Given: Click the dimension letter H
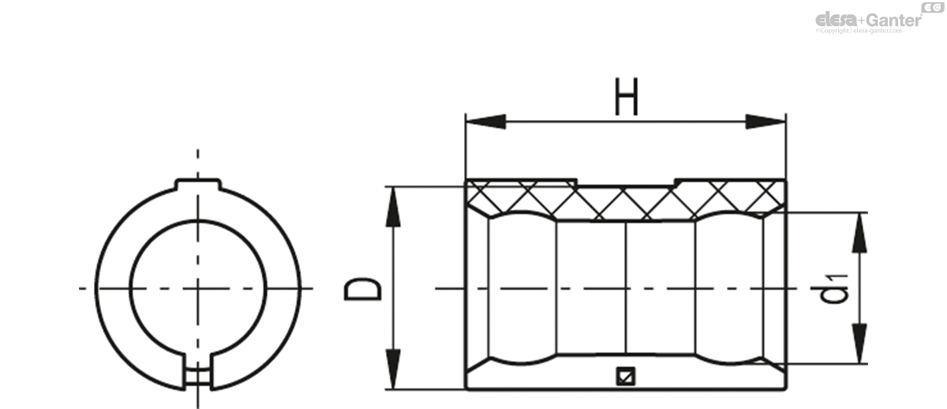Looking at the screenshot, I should (626, 100).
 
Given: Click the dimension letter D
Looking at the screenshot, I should (364, 289).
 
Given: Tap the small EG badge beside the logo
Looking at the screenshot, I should (933, 7).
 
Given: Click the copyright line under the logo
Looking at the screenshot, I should (868, 31).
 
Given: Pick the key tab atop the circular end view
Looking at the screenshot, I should (197, 183).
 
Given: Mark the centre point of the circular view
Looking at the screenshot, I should (197, 287).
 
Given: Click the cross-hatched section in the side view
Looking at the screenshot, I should (623, 202).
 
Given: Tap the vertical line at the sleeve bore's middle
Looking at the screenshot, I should (626, 289).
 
